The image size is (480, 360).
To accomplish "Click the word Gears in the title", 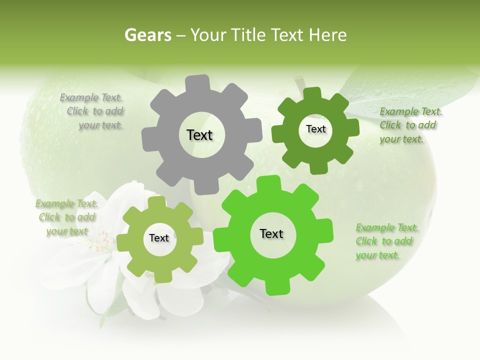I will [x=147, y=35].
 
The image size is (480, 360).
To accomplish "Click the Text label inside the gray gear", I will [x=199, y=135].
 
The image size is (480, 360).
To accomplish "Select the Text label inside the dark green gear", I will [x=315, y=129].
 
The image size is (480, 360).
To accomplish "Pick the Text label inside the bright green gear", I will [x=271, y=233].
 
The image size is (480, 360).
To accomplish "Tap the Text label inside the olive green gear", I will [x=159, y=238].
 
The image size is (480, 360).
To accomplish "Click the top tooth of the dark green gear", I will [x=311, y=94].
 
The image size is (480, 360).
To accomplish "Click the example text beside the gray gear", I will [x=94, y=111].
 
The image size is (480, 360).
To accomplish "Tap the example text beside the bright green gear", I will [x=385, y=241].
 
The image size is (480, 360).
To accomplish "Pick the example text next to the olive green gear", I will [x=66, y=217].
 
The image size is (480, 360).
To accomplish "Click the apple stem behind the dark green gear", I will [x=299, y=81].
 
